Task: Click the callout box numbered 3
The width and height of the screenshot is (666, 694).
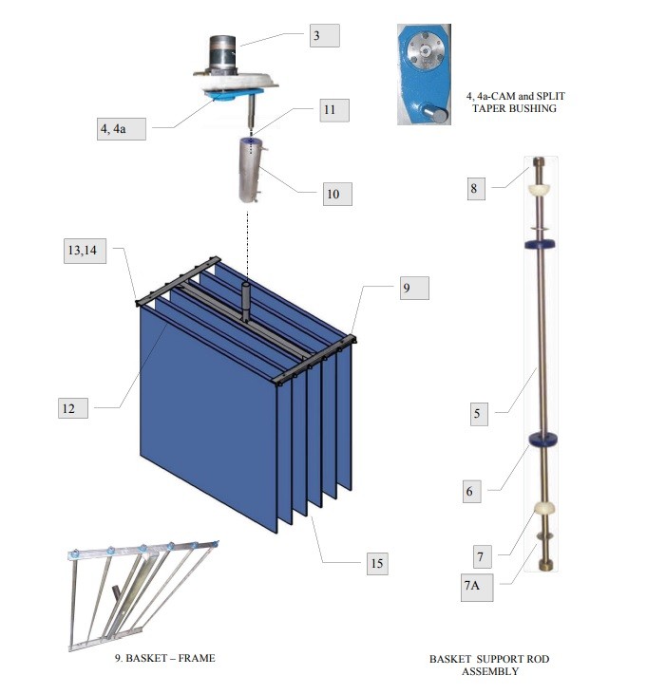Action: tap(325, 35)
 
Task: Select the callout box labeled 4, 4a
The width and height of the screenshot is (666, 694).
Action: tap(122, 129)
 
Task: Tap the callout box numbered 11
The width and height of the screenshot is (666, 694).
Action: tap(334, 110)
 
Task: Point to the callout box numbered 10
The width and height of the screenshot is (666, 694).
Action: tap(337, 194)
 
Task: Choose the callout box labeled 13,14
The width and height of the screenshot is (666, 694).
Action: tap(85, 251)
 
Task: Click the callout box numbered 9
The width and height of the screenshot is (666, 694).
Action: tap(414, 288)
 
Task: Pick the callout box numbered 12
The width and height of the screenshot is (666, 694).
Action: tap(73, 408)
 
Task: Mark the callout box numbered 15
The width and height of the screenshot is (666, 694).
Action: tap(377, 563)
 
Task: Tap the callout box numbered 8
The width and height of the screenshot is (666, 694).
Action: tap(476, 189)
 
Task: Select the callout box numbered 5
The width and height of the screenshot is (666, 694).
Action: tap(479, 414)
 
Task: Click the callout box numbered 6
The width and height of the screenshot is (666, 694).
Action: tap(472, 491)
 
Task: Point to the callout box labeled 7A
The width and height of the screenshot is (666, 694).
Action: tap(477, 586)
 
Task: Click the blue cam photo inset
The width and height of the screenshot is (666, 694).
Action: tap(425, 74)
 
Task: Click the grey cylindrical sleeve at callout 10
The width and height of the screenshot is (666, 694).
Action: tap(252, 170)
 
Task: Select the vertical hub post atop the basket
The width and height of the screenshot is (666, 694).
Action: tap(246, 300)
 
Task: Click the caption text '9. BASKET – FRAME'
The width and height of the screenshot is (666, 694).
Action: tap(165, 658)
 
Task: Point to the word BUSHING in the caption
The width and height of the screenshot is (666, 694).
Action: tap(533, 108)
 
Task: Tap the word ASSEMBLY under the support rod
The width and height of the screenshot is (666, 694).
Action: tap(490, 671)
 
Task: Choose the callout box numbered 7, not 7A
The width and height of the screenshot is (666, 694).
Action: tap(481, 556)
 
